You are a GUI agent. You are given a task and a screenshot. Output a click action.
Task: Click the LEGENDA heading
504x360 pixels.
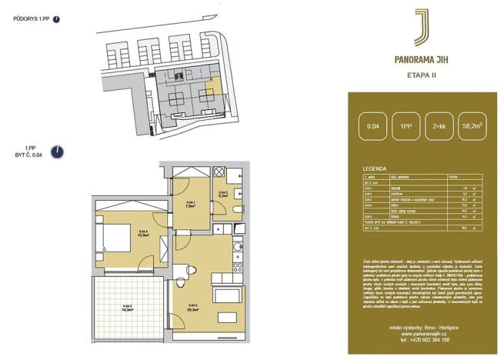click(x=374, y=168)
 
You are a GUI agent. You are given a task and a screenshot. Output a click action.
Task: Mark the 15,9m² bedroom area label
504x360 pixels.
click(x=143, y=235)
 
